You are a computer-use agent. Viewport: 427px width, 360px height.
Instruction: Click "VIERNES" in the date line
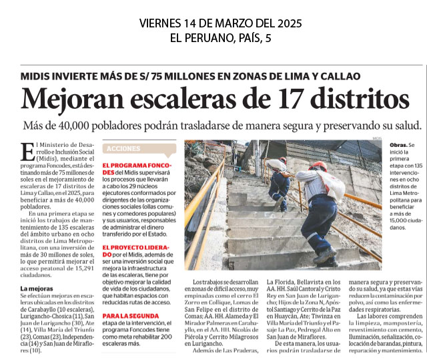point(165,23)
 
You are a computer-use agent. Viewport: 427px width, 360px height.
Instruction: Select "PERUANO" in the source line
point(211,38)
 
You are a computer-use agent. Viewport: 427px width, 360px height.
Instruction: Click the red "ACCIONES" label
point(123,148)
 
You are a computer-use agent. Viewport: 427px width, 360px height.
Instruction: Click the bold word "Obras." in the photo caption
point(398,145)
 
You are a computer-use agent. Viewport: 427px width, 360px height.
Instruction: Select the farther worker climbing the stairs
point(279,179)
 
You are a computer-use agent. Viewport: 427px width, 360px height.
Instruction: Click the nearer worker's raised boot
point(326,256)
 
